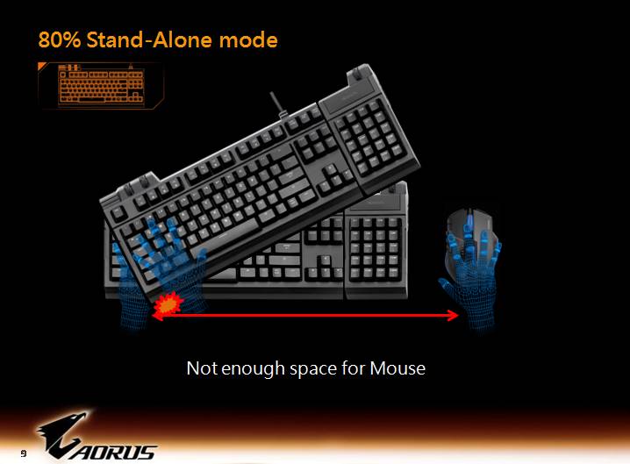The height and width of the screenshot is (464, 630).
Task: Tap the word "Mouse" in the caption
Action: pyautogui.click(x=397, y=368)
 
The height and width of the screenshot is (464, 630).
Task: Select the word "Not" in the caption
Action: pyautogui.click(x=201, y=368)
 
